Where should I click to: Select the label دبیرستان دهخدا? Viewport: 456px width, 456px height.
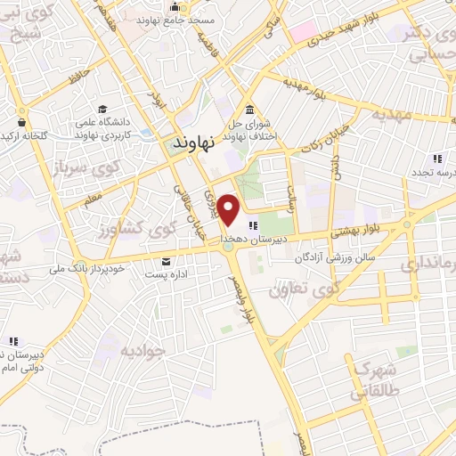click(x=286, y=239)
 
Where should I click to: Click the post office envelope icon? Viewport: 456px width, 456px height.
click(x=167, y=261)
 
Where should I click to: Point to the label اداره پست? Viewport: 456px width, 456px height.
click(x=167, y=275)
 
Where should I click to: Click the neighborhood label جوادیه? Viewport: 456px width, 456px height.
click(x=142, y=350)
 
